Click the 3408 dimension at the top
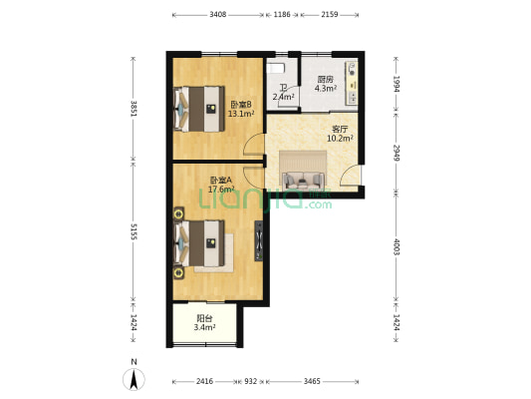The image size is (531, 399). click(x=218, y=15)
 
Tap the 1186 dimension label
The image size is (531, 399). click(x=282, y=15)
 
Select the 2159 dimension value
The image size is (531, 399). click(x=330, y=15)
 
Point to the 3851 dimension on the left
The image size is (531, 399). click(x=133, y=109)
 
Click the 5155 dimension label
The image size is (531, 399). click(x=133, y=231)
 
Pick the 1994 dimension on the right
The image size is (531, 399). click(x=397, y=84)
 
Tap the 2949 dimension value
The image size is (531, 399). click(x=397, y=153)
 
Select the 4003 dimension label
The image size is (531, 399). click(x=397, y=246)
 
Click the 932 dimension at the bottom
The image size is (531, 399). click(x=251, y=381)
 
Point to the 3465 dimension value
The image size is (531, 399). click(x=312, y=381)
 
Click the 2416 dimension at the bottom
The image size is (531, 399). click(x=204, y=381)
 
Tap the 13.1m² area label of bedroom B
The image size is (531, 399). click(x=241, y=114)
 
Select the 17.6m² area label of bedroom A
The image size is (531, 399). click(x=221, y=190)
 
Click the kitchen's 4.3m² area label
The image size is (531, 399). click(x=326, y=89)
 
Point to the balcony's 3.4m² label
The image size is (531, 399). click(x=204, y=327)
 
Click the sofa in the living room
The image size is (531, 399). click(x=303, y=181)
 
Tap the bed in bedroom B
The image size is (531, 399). click(x=199, y=109)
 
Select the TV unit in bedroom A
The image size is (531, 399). click(x=259, y=241)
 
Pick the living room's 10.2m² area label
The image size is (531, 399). click(x=340, y=139)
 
